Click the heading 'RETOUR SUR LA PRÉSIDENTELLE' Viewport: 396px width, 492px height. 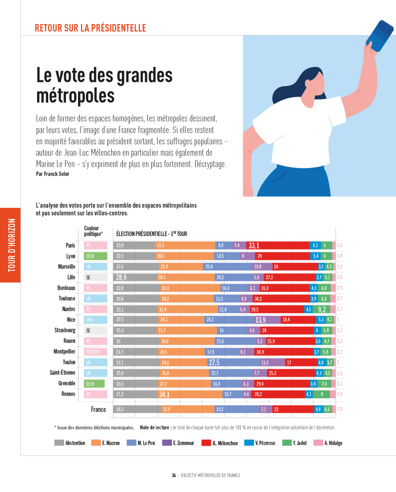[x=90, y=28]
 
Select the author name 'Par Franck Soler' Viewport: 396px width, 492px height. [x=53, y=174]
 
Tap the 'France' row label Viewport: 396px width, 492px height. [x=98, y=409]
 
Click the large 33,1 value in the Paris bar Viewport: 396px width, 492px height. [x=254, y=246]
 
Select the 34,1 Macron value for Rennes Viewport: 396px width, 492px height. [x=164, y=394]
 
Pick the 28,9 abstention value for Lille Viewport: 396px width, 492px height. [x=121, y=278]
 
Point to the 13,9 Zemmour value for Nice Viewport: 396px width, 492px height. [x=261, y=320]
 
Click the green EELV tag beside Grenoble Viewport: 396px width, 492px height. [x=94, y=383]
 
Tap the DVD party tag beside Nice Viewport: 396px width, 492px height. [x=95, y=320]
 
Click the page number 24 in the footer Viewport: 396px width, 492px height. [x=173, y=475]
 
